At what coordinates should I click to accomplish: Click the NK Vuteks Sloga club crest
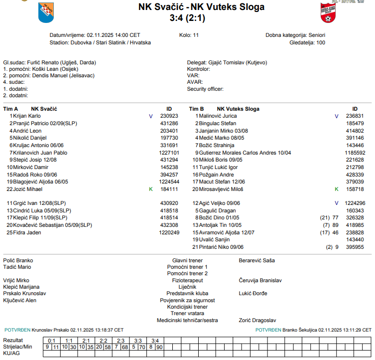click(329, 12)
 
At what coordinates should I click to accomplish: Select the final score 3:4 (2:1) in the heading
click(187, 18)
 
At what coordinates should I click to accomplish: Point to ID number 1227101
click(169, 153)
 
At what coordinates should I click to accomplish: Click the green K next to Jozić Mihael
click(151, 189)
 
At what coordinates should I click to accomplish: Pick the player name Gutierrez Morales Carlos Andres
click(242, 153)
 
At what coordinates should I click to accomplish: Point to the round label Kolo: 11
click(189, 35)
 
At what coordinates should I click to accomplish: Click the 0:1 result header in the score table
click(51, 340)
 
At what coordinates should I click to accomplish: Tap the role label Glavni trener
click(187, 260)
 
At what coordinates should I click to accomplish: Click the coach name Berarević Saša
click(256, 260)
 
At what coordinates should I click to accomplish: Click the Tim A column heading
click(10, 109)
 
